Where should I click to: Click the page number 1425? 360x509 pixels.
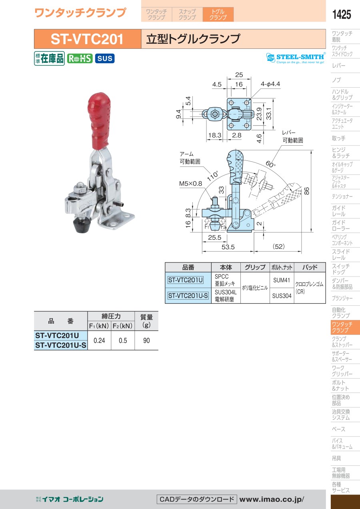pos(342,14)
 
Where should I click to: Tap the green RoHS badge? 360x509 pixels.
pos(80,58)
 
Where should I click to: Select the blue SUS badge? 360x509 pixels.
pos(105,58)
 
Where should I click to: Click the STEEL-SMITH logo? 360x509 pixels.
pos(296,58)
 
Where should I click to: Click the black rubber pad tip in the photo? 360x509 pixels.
pos(81,225)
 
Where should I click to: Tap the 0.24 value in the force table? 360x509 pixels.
pos(99,341)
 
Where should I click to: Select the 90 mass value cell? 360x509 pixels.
pos(146,341)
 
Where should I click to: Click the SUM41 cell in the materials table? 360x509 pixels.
pos(282,280)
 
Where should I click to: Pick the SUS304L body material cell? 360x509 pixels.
pos(226,296)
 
